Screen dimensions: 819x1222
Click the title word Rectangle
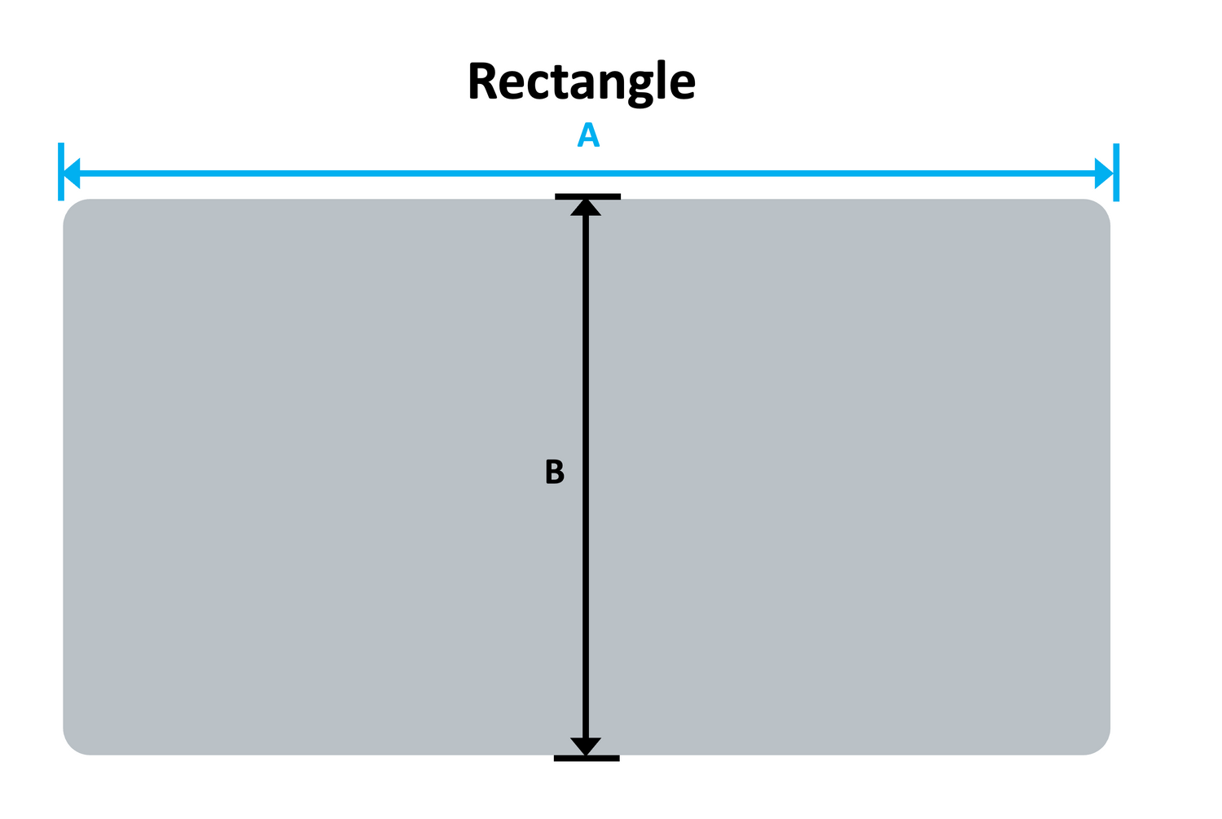[581, 81]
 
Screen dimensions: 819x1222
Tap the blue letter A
[588, 136]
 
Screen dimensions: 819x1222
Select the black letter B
[554, 473]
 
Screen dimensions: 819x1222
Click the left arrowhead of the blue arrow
[73, 173]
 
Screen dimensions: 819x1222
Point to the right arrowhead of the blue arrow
[1104, 173]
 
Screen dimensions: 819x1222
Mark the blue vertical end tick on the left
[61, 172]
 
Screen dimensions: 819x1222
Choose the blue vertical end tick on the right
[1115, 172]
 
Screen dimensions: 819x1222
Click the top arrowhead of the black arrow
[586, 207]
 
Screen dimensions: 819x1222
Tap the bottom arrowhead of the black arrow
[586, 746]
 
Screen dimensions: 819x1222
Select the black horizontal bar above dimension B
[587, 196]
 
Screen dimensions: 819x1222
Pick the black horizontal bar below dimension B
[587, 759]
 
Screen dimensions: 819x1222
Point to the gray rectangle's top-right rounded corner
[1100, 209]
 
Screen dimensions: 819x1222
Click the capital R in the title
[484, 81]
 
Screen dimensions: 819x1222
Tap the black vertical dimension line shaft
[586, 367]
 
